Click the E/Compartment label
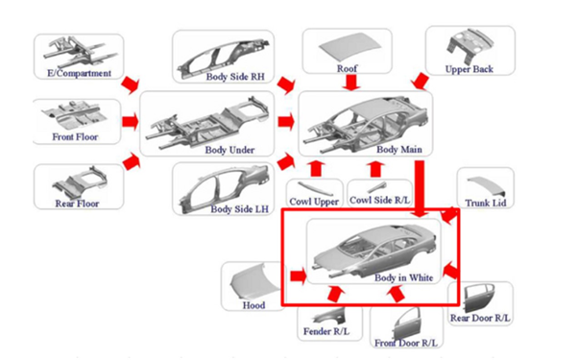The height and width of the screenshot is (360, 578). pyautogui.click(x=78, y=72)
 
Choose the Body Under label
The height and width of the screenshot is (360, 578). pyautogui.click(x=229, y=149)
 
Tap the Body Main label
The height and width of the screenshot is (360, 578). pyautogui.click(x=399, y=149)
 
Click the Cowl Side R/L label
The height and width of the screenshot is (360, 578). pyautogui.click(x=379, y=201)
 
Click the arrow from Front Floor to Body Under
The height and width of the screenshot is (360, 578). pyautogui.click(x=128, y=122)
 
